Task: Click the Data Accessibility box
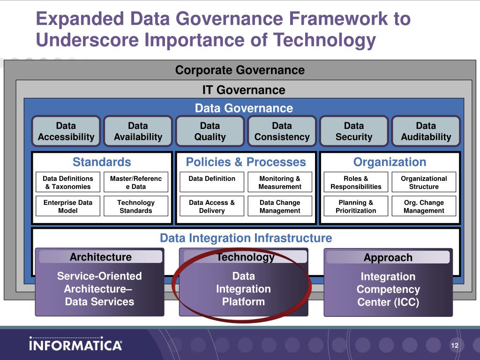[x=66, y=131]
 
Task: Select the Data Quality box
[x=210, y=131]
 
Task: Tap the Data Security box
[x=354, y=131]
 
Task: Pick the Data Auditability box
[x=426, y=131]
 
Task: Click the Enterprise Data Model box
[x=68, y=206]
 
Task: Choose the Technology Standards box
[x=136, y=206]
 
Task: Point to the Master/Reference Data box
[x=136, y=182]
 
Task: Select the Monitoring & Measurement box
[x=280, y=182]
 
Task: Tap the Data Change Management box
[x=280, y=206]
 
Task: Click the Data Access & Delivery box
[x=212, y=206]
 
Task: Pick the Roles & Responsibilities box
[x=356, y=182]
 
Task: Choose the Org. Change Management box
[x=424, y=206]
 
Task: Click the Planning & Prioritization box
[x=356, y=206]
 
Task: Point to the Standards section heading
[x=102, y=162]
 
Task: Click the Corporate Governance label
[x=240, y=70]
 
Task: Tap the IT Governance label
[x=244, y=90]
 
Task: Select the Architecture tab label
[x=101, y=257]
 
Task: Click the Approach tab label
[x=388, y=257]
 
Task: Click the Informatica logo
[x=75, y=344]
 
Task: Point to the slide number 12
[x=455, y=345]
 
